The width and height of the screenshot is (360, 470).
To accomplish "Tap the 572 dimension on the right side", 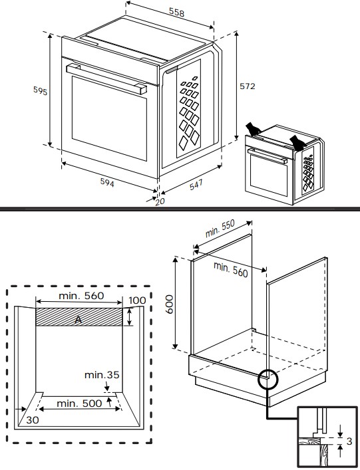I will [x=248, y=86].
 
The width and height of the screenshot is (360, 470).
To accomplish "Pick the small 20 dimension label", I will [x=159, y=202].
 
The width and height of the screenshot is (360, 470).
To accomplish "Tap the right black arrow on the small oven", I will [x=297, y=140].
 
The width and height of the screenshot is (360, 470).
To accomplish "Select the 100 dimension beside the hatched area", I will [x=136, y=300].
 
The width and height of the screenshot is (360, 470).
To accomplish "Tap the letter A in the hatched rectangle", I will [x=79, y=320].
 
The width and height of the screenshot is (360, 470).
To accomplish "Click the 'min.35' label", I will [x=101, y=375].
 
